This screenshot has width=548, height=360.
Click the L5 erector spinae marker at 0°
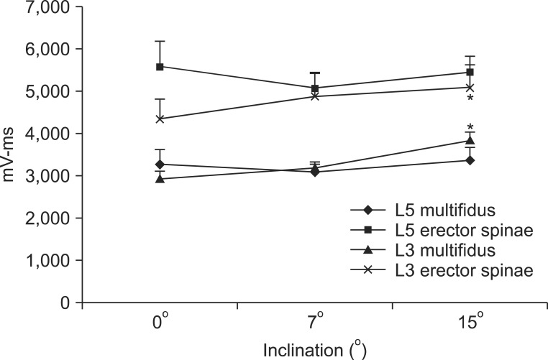click(x=160, y=67)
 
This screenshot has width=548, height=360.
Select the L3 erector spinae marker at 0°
click(x=160, y=119)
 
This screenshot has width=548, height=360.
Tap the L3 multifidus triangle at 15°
click(x=470, y=141)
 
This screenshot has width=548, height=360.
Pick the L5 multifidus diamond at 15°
click(x=470, y=160)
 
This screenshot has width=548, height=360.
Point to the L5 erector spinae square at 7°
click(x=315, y=88)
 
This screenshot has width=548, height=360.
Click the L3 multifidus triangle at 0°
click(x=160, y=179)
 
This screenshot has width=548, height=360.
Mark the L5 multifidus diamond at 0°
click(x=160, y=165)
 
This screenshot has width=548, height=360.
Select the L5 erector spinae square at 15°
click(x=470, y=73)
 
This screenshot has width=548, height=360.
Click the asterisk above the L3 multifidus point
click(x=470, y=127)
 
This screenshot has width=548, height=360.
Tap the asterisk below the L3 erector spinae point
click(x=470, y=99)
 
